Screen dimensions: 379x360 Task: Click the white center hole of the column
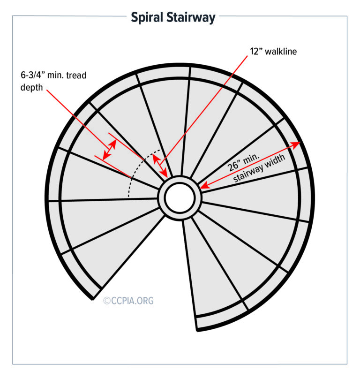click(x=180, y=197)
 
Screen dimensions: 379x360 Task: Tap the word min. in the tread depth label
click(x=62, y=76)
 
